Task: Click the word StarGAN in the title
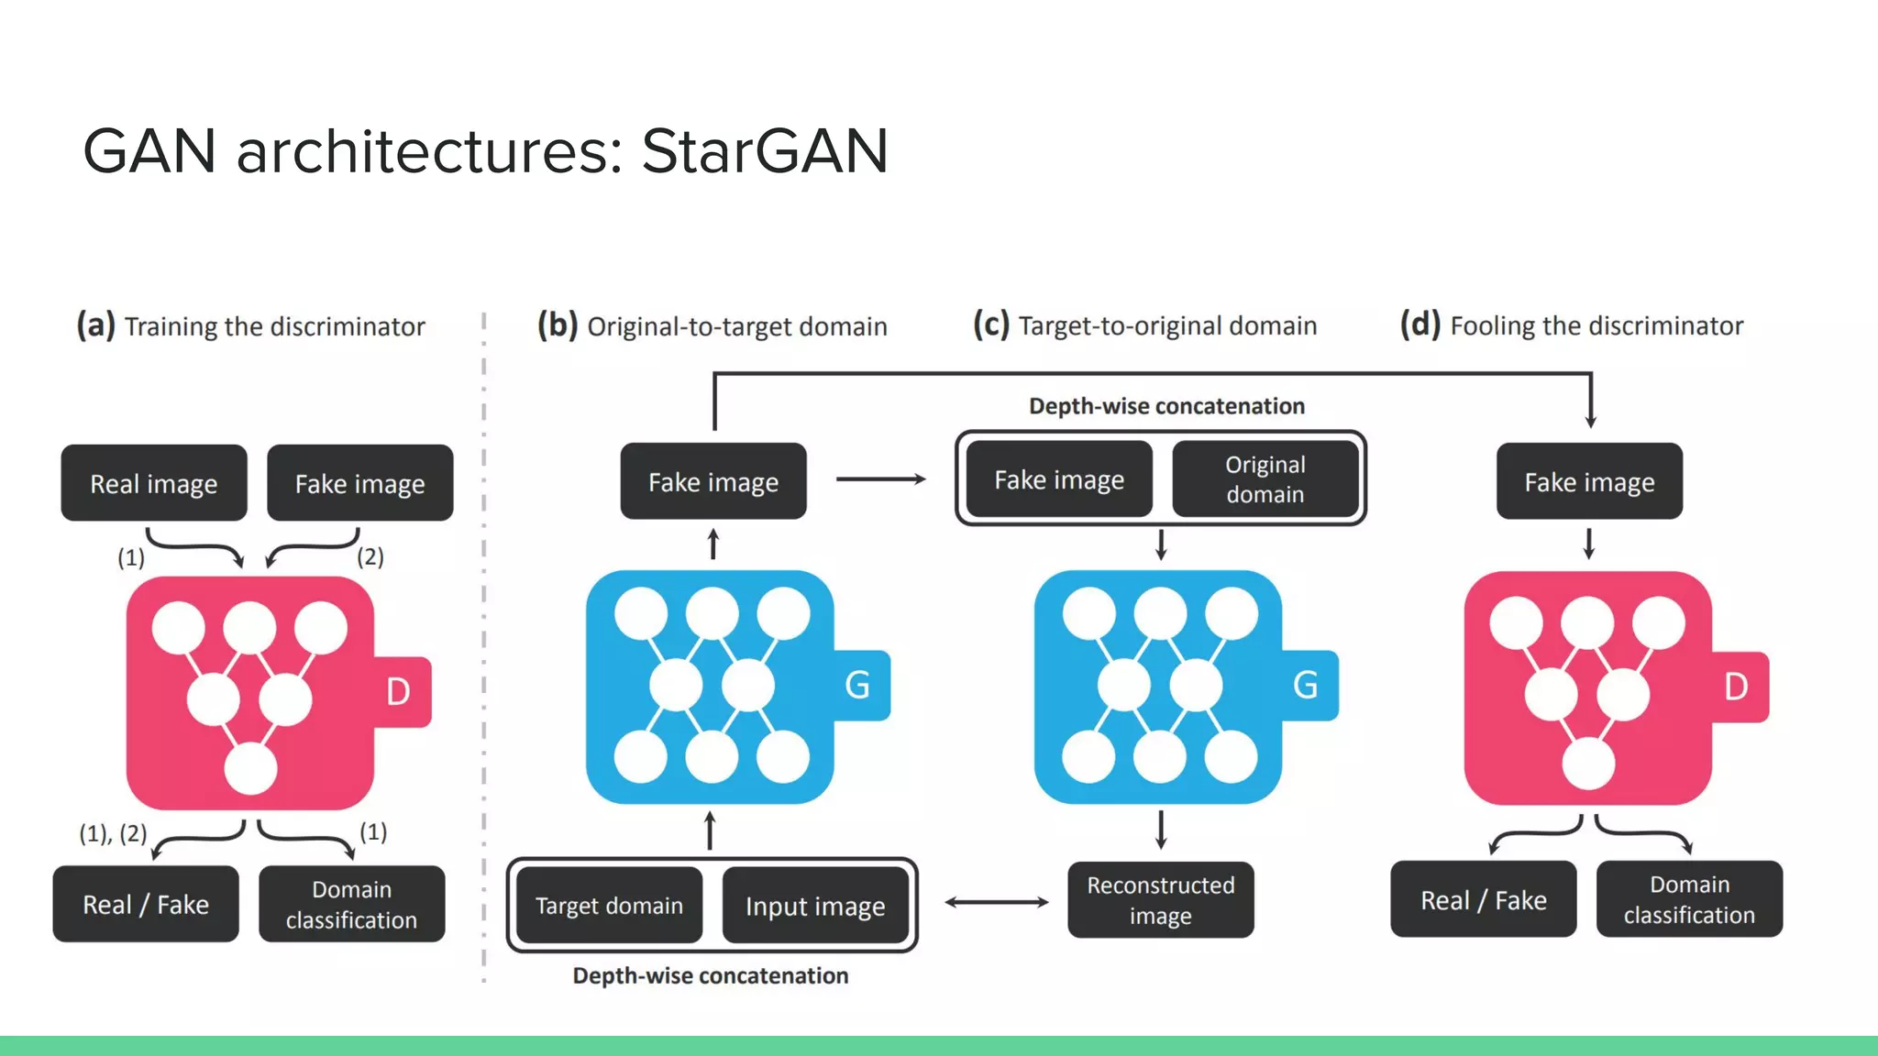tap(764, 151)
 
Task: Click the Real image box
tap(154, 483)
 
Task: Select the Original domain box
tap(1265, 479)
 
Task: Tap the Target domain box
tap(609, 906)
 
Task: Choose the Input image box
tap(815, 906)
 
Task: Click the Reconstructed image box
tap(1160, 900)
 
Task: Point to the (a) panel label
tap(95, 325)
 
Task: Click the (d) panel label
tap(1420, 324)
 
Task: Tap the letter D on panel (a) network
tap(398, 692)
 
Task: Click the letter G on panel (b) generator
tap(857, 685)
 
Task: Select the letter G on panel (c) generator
tap(1305, 685)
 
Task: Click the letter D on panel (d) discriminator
tap(1736, 687)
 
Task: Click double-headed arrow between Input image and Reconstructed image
tap(996, 902)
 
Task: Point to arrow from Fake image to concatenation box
tap(880, 478)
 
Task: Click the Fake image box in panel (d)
tap(1589, 482)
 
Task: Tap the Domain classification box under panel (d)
tap(1689, 899)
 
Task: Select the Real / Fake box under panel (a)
tap(146, 905)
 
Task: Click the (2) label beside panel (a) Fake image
tap(370, 556)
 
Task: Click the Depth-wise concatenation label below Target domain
tap(711, 975)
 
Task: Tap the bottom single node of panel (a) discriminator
tap(250, 768)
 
